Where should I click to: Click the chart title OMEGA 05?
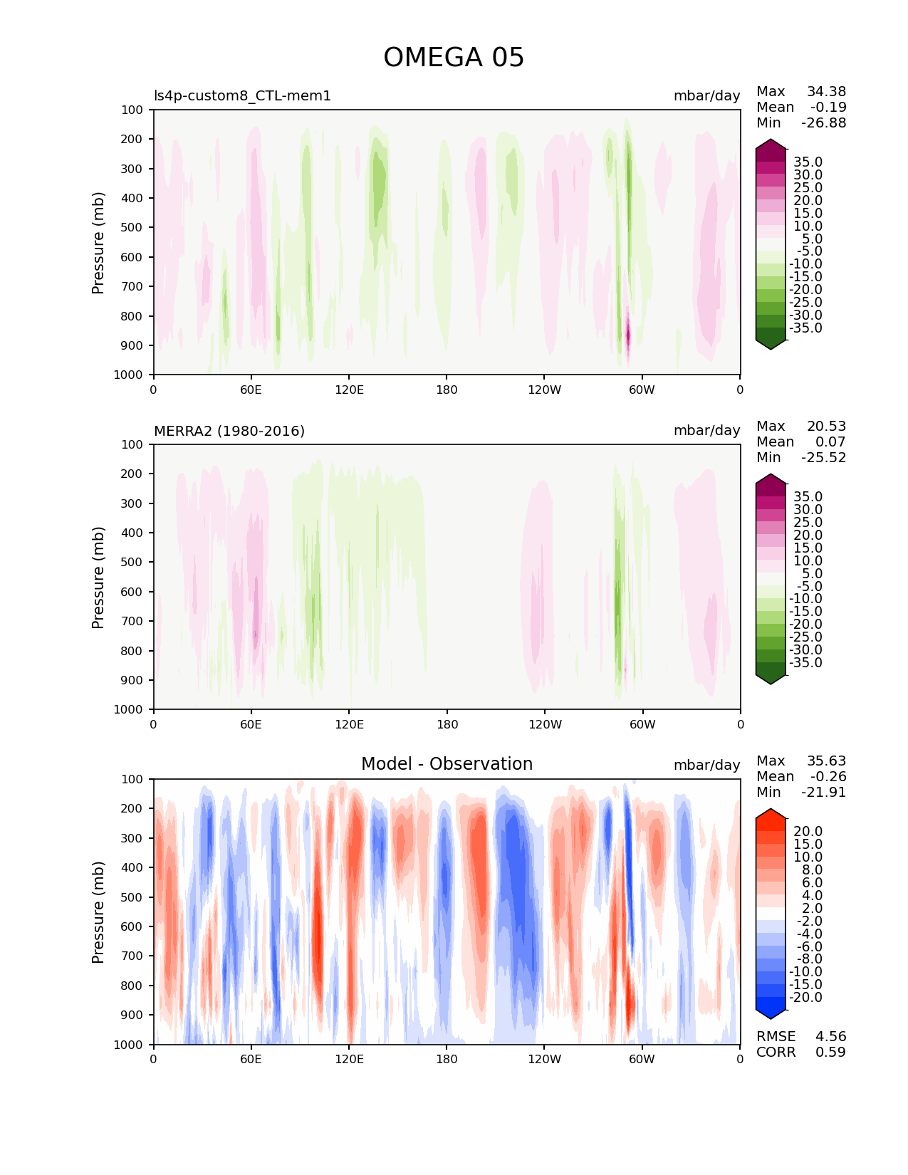454,58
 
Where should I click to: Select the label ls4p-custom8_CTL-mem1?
242,95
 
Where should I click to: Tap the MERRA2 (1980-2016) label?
229,431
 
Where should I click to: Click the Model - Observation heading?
447,764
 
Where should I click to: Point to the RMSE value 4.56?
830,1036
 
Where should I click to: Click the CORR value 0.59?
830,1052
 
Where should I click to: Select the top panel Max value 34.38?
826,91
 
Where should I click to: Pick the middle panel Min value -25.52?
823,457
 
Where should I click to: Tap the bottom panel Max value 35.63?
826,761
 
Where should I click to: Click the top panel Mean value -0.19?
828,107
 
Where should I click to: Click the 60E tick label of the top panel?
251,390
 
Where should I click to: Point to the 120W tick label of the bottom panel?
545,1059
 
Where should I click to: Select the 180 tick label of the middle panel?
447,724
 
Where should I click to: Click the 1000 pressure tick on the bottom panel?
129,1044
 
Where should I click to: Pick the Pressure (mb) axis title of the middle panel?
98,577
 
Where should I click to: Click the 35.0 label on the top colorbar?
808,162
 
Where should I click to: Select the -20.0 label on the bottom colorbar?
805,997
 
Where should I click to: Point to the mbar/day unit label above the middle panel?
706,431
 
